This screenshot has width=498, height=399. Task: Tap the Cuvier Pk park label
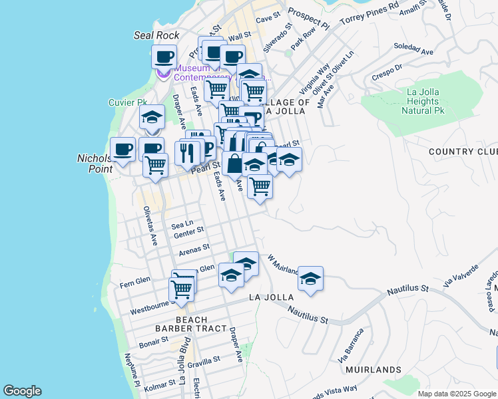click(127, 102)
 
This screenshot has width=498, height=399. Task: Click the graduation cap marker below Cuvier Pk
click(152, 118)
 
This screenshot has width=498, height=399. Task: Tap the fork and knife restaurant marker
click(187, 152)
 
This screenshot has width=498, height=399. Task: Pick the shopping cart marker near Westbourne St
click(181, 289)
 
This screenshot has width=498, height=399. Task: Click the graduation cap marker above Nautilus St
click(310, 278)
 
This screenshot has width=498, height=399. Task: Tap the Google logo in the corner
click(22, 391)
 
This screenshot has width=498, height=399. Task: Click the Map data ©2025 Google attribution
click(457, 394)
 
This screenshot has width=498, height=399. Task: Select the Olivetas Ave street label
click(150, 226)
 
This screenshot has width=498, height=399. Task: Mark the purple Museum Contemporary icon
click(164, 72)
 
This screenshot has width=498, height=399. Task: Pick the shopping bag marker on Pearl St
click(234, 163)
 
